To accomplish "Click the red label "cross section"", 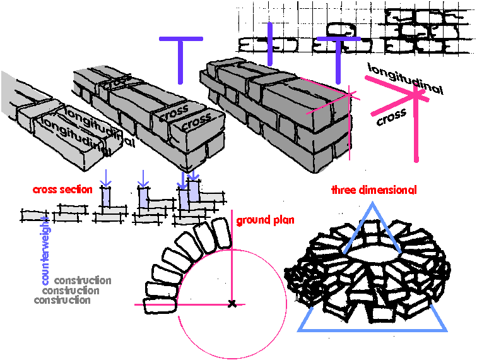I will [x=62, y=189].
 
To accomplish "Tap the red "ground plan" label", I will [x=265, y=220].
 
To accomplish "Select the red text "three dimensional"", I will [x=374, y=189].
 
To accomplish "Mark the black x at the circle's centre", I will [x=233, y=304].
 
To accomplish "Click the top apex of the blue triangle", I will [x=373, y=205].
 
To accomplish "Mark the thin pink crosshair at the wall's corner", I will [x=349, y=95].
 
